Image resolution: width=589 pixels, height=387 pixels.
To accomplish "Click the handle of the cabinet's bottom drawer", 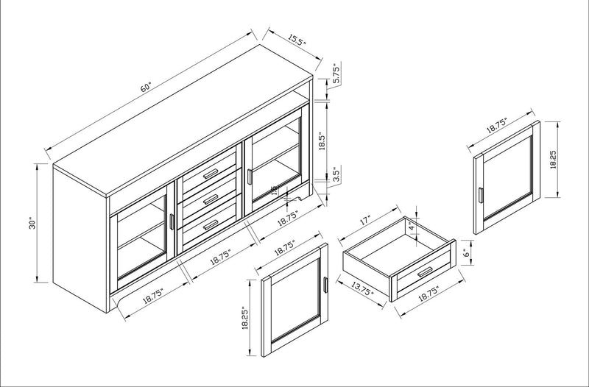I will pos(212,223).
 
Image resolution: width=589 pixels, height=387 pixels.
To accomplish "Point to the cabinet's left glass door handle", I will pos(172,224).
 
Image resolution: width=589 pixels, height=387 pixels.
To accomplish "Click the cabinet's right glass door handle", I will pos(250,177).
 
